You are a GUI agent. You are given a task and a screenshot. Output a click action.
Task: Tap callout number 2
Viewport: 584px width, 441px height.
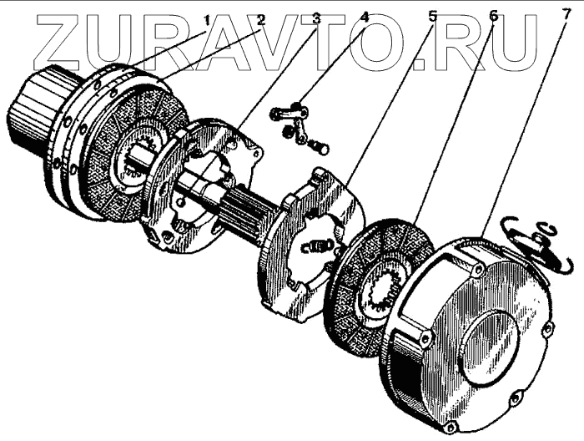(259, 15)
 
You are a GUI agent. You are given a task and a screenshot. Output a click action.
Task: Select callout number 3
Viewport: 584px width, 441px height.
(316, 15)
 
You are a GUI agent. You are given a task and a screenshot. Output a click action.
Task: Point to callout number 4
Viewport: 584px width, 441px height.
(365, 15)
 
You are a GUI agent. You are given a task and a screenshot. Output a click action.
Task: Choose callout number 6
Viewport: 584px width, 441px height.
(493, 15)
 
